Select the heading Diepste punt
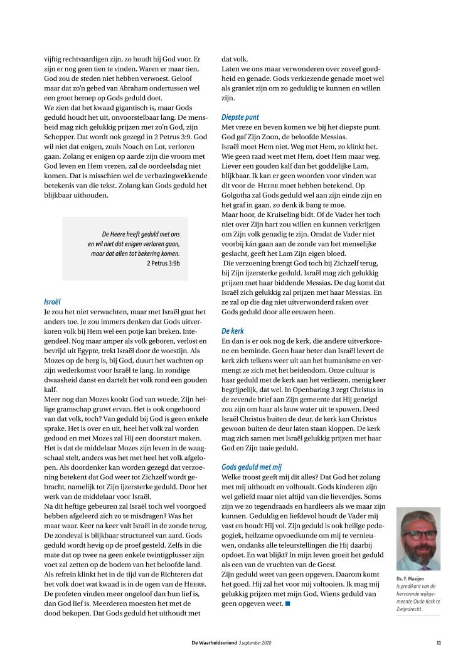click(x=240, y=117)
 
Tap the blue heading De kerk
click(x=233, y=330)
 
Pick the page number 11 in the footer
click(x=439, y=642)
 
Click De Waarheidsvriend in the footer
click(x=214, y=642)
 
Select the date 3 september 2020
click(x=255, y=642)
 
